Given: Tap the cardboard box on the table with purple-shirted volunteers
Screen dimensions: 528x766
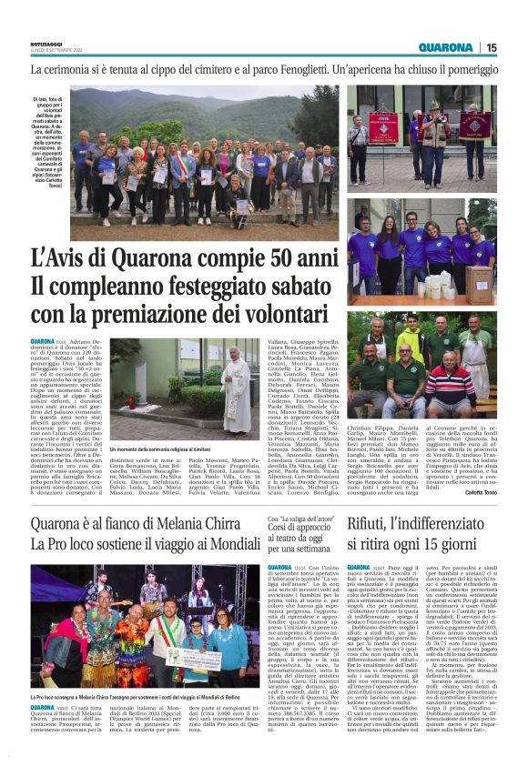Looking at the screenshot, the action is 479,284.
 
